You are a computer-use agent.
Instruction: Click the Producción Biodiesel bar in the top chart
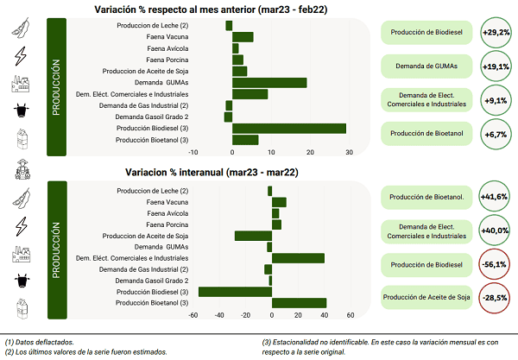[x=289, y=128]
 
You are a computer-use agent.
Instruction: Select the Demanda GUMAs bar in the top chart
[x=269, y=83]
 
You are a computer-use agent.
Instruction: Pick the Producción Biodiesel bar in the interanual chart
[x=235, y=292]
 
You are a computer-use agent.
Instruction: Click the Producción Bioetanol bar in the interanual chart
[x=299, y=303]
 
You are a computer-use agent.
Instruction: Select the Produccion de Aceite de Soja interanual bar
[x=253, y=236]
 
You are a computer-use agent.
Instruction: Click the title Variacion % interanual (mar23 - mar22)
[x=212, y=173]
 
